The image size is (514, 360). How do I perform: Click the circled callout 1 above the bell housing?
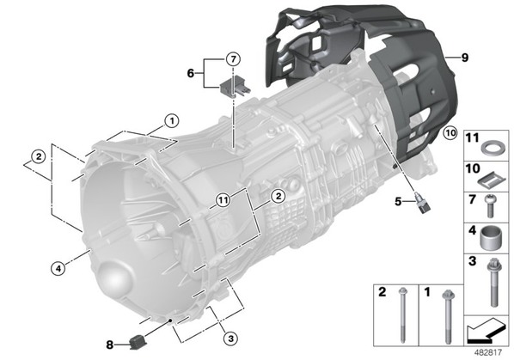click(x=171, y=121)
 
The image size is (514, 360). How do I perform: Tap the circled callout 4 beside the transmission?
click(x=58, y=269)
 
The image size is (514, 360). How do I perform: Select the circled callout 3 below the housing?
click(x=230, y=338)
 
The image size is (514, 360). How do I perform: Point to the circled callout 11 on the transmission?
click(x=223, y=200)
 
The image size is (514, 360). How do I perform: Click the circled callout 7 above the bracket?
click(x=233, y=59)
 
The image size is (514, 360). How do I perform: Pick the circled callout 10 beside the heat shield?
click(x=450, y=133)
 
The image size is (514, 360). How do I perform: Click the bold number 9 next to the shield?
click(x=465, y=58)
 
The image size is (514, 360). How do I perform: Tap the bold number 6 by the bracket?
click(x=191, y=73)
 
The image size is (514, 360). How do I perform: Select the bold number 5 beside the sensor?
click(x=398, y=201)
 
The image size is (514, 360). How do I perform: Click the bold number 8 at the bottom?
click(x=110, y=345)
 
